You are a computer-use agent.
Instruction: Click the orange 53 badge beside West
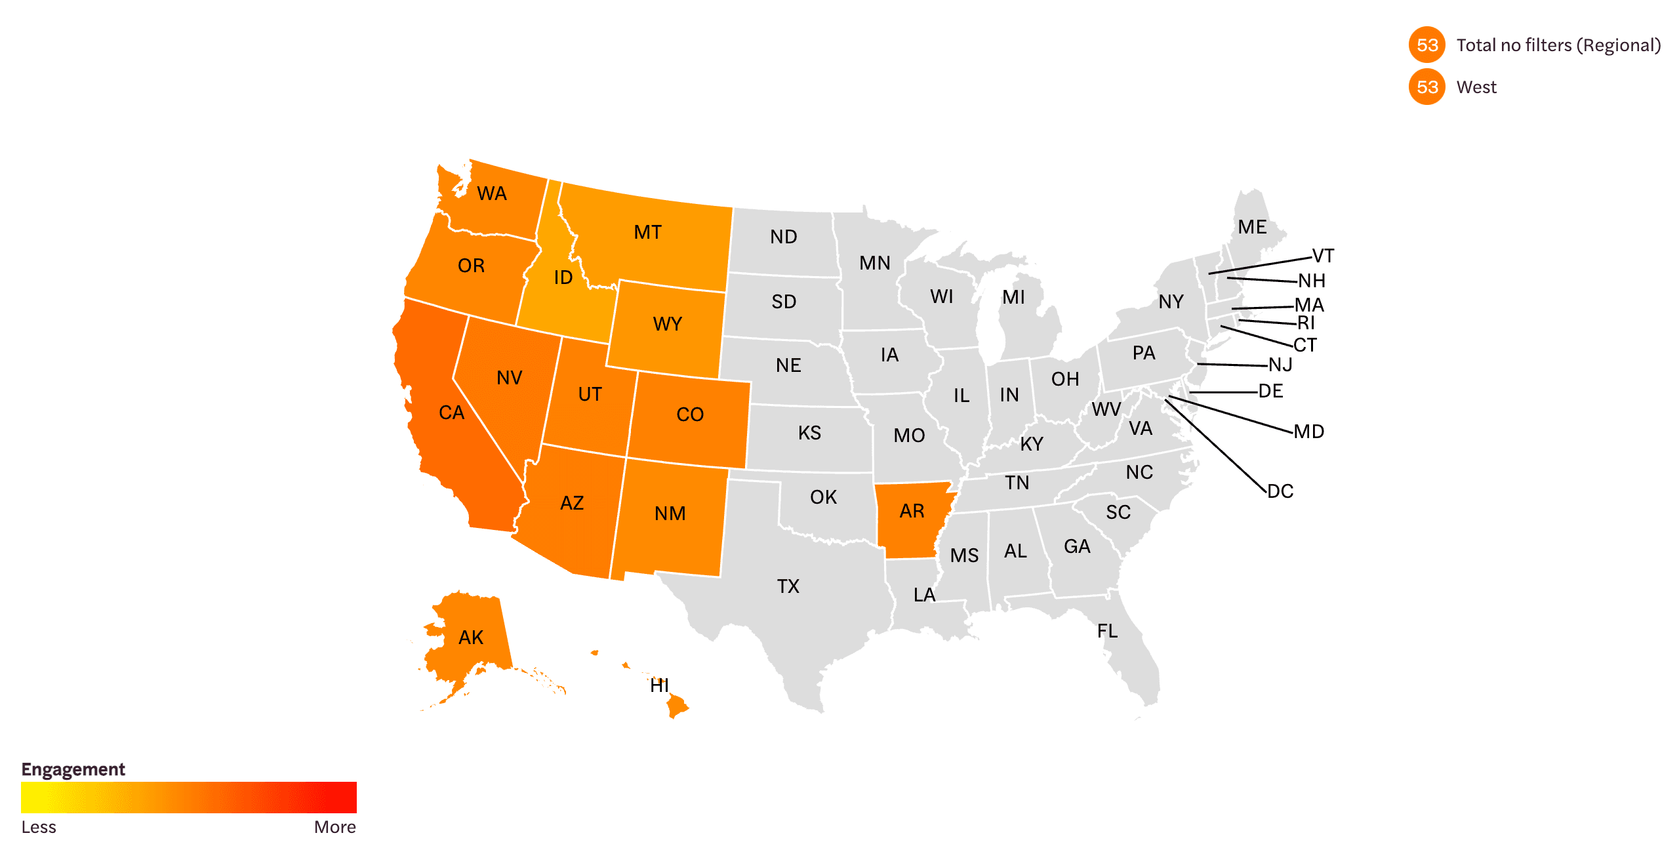pos(1426,87)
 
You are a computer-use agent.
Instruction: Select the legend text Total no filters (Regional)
pos(1558,45)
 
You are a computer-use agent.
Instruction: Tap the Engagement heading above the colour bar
pos(73,769)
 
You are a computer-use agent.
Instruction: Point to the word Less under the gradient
pos(39,827)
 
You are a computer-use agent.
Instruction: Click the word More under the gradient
pos(334,827)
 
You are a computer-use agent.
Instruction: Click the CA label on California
pos(451,413)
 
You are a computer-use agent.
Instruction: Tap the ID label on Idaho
pos(563,277)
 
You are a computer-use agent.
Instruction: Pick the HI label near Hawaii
pos(659,685)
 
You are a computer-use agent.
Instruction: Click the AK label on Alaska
pos(471,637)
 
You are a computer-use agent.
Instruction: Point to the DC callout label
pos(1280,491)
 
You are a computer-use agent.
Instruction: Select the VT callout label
pos(1322,256)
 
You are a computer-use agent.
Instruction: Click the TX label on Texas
pos(788,586)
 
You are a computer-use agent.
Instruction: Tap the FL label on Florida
pos(1107,631)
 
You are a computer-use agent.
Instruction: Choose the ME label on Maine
pos(1252,227)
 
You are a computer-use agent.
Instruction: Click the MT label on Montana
pos(647,232)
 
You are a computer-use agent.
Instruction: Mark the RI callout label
pos(1306,323)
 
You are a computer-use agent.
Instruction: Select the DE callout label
pos(1270,391)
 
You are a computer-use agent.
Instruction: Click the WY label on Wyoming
pos(667,324)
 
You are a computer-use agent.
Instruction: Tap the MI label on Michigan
pos(1013,297)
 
